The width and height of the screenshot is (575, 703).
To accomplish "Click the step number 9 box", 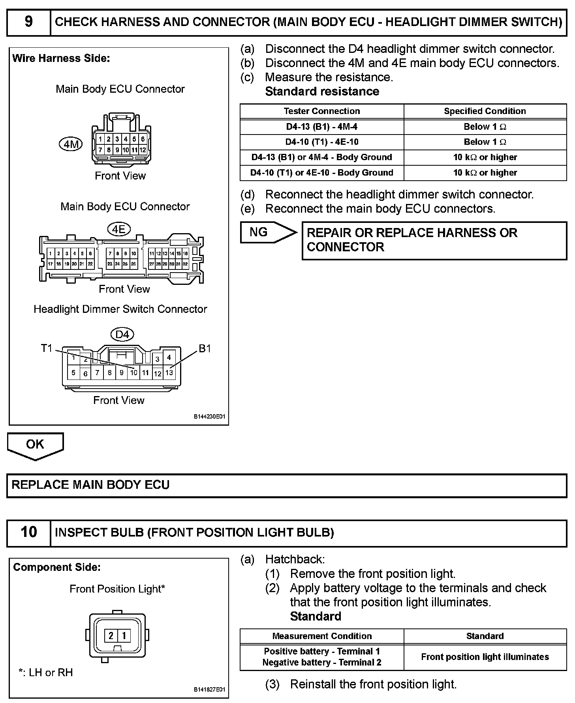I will pyautogui.click(x=29, y=22).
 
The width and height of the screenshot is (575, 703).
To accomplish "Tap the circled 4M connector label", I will pyautogui.click(x=71, y=144).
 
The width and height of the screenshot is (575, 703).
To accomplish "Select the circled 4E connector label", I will pyautogui.click(x=119, y=229).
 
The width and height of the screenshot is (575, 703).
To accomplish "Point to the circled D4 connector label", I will pyautogui.click(x=122, y=335).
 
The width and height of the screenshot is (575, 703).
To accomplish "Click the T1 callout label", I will pyautogui.click(x=47, y=348).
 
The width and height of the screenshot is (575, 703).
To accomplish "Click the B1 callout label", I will pyautogui.click(x=205, y=349).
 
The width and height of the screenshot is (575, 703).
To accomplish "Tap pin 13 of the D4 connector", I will pyautogui.click(x=169, y=372).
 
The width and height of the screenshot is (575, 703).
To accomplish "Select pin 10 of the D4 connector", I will pyautogui.click(x=133, y=372).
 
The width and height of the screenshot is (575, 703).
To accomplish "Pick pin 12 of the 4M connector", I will pyautogui.click(x=143, y=150).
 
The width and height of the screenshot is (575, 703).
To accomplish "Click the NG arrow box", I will pyautogui.click(x=267, y=232).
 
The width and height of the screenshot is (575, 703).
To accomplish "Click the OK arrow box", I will pyautogui.click(x=35, y=445).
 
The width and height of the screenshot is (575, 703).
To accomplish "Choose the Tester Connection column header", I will pyautogui.click(x=322, y=111).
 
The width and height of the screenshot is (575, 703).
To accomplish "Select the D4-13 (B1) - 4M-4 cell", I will pyautogui.click(x=322, y=127).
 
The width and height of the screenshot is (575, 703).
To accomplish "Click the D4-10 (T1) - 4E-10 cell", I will pyautogui.click(x=322, y=142).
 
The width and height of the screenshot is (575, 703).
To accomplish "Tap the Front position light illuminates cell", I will pyautogui.click(x=485, y=657).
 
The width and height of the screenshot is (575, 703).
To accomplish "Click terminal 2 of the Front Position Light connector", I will pyautogui.click(x=111, y=636).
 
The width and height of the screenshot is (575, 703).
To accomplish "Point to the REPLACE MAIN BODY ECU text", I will pyautogui.click(x=90, y=485).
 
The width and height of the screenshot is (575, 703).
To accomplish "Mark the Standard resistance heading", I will pyautogui.click(x=322, y=92).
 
